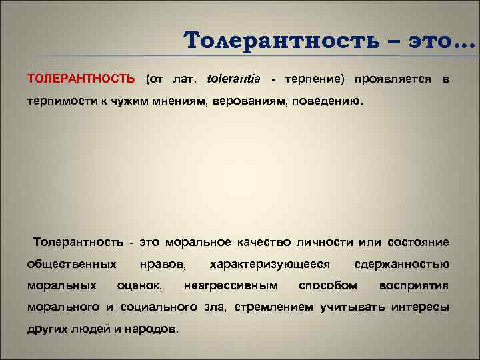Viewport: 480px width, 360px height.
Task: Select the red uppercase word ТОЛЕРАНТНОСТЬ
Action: pos(81,79)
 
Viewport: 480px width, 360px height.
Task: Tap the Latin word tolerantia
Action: pos(235,79)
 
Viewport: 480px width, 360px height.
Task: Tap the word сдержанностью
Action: pos(402,264)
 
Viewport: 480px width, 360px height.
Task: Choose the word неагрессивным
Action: pos(231,286)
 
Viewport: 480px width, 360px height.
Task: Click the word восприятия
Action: pos(414,286)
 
